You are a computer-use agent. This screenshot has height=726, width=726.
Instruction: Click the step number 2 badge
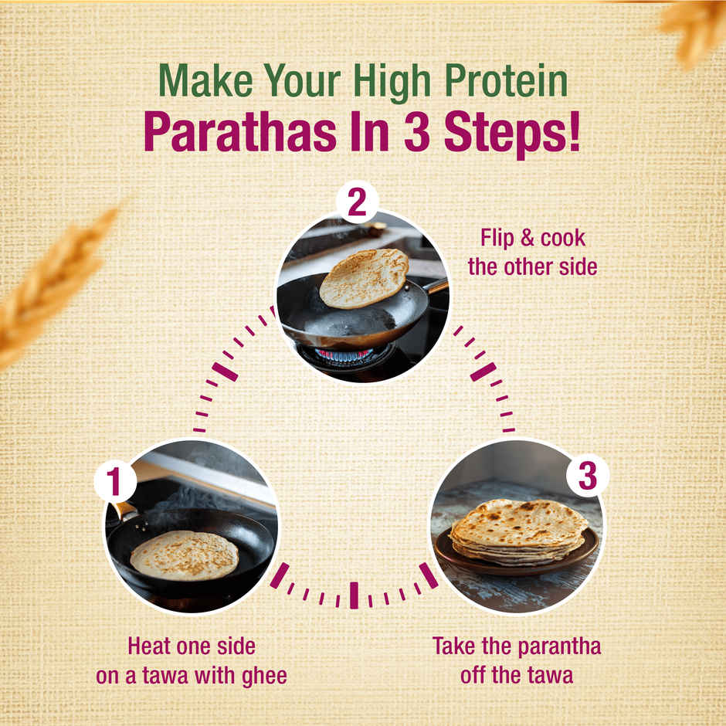[357, 203]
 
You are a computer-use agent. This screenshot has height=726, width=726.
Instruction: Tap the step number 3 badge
[588, 477]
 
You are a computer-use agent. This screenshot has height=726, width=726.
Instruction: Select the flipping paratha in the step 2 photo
[364, 277]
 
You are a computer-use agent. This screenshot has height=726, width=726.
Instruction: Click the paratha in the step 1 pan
[184, 555]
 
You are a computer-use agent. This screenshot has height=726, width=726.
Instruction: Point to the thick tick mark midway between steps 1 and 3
[354, 595]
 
